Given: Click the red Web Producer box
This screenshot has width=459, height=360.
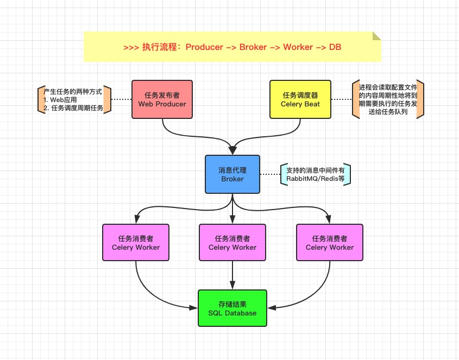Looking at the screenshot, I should [162, 99].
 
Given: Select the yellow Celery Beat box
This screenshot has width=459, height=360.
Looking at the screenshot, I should [300, 99].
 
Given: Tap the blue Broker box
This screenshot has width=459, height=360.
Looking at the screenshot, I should [232, 174].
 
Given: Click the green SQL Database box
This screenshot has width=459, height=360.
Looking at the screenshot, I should [232, 308].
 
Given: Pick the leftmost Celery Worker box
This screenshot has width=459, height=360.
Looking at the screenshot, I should [136, 243].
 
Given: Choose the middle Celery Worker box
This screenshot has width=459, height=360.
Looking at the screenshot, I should [232, 243].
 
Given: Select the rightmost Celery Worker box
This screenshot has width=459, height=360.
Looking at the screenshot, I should [329, 243].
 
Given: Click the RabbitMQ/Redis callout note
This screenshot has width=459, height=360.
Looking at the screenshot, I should [316, 174].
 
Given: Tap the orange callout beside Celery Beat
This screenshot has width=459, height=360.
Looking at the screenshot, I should [388, 99].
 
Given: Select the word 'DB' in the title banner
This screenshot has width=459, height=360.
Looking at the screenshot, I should [335, 47].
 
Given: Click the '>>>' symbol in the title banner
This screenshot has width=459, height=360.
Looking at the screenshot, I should [131, 47].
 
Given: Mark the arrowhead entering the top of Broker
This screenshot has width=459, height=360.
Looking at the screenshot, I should [232, 150].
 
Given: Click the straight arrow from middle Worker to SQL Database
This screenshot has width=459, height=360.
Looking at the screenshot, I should [232, 275].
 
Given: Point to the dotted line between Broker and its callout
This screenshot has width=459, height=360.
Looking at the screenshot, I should [270, 174].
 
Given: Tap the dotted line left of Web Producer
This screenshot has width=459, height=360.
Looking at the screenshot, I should [121, 99].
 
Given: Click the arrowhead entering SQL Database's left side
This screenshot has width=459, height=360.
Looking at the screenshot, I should [194, 308].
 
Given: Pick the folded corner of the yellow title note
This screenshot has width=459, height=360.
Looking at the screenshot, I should [376, 36].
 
